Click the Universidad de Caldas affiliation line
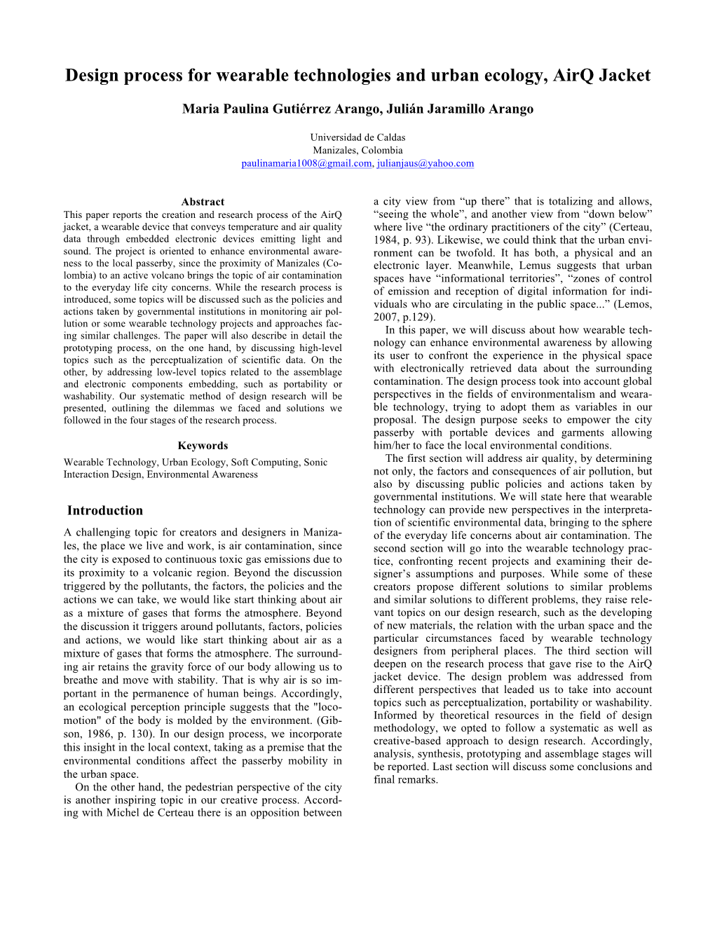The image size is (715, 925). pos(357,137)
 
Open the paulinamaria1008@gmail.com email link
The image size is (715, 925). pos(306,163)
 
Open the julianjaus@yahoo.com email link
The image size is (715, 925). pos(425,163)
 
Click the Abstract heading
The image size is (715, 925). pos(203,202)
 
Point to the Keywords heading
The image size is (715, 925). pos(203,446)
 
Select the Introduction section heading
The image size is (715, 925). pos(105,511)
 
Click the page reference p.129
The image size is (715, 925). pos(421,317)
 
